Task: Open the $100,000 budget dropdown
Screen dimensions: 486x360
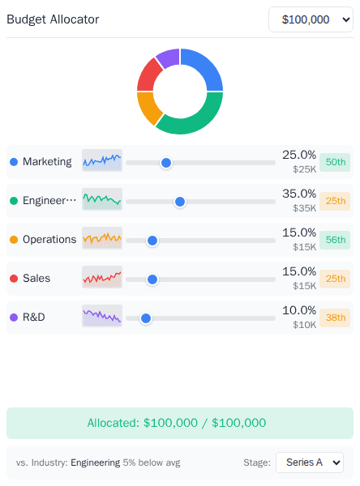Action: [311, 19]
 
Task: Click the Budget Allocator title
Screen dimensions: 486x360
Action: [53, 19]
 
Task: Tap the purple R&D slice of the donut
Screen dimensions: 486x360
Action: [168, 59]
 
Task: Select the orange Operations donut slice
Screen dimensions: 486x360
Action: [147, 108]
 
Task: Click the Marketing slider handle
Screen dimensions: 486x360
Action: [166, 162]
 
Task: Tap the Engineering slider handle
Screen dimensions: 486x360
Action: [180, 201]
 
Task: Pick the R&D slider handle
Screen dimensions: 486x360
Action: [146, 318]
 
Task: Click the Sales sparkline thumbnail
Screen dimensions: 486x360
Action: [102, 278]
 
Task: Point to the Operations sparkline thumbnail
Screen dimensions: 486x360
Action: [102, 239]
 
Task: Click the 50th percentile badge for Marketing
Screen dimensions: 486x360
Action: [335, 162]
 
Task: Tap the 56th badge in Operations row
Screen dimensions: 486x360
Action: [335, 240]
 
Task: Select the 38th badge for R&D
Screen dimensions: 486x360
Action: [335, 318]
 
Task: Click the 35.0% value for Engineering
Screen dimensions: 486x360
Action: [298, 194]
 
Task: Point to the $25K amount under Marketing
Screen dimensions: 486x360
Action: [304, 169]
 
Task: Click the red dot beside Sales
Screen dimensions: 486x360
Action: [14, 279]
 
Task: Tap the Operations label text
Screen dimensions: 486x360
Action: [49, 240]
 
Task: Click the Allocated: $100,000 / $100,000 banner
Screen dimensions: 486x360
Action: [180, 423]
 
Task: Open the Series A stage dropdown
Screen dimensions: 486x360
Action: [310, 463]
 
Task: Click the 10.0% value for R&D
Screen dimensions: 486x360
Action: [298, 310]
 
